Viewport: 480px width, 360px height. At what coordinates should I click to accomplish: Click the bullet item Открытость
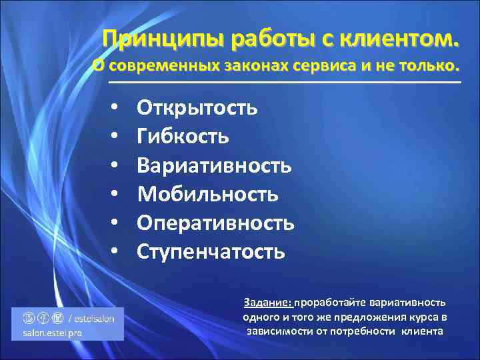click(x=197, y=107)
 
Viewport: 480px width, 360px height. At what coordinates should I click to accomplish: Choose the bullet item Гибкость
click(x=183, y=136)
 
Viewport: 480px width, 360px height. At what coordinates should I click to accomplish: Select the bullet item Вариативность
click(x=214, y=165)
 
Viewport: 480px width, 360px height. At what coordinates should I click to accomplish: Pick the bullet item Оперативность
click(x=215, y=223)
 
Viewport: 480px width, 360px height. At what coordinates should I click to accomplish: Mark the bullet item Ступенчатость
click(x=211, y=251)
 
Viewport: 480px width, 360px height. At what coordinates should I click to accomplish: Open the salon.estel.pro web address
click(x=52, y=332)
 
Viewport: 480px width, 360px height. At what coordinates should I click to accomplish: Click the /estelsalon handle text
click(x=94, y=319)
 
